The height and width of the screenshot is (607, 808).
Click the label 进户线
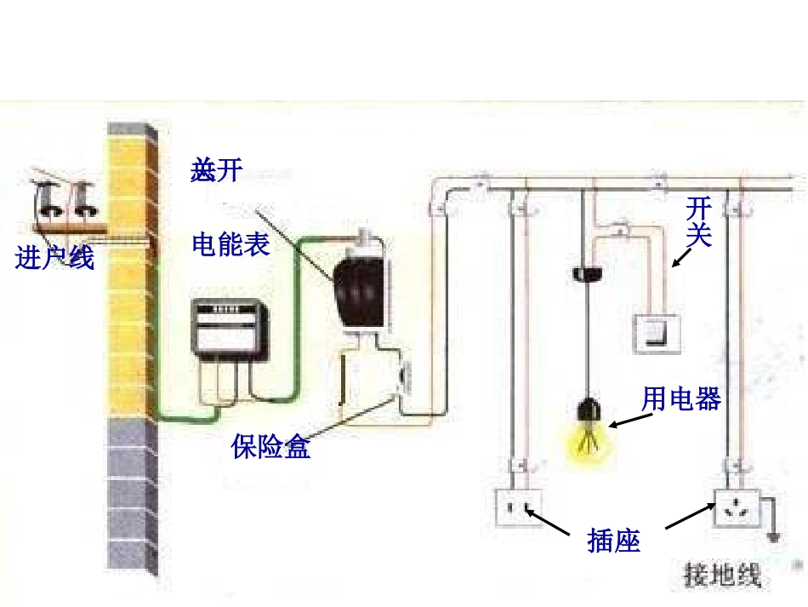[x=54, y=257]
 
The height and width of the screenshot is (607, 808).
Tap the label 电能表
[x=230, y=244]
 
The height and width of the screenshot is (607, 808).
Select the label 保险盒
[x=270, y=446]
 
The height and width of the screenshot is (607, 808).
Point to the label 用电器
[x=681, y=398]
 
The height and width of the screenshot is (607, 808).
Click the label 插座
[x=613, y=540]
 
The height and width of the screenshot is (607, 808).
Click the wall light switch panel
[x=656, y=334]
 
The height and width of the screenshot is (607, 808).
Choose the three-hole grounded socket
[x=736, y=510]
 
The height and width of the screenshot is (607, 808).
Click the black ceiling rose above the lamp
[x=584, y=273]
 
